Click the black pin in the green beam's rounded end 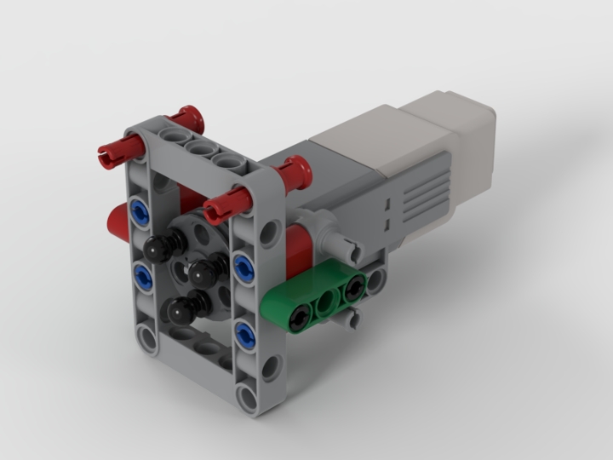tap(299, 318)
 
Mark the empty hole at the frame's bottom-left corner tap(149, 339)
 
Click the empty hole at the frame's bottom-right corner tap(248, 395)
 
